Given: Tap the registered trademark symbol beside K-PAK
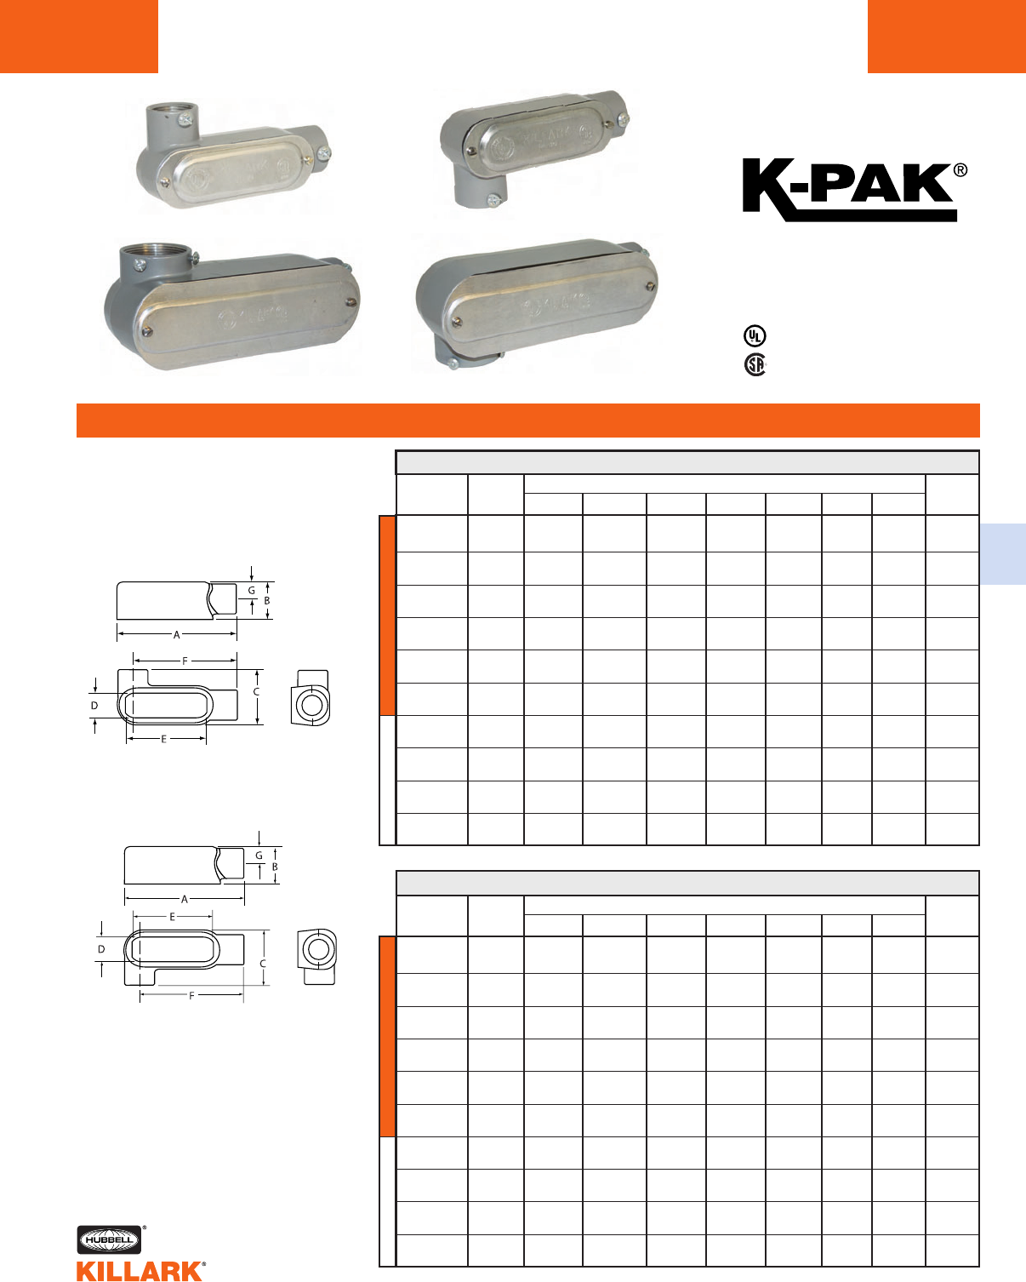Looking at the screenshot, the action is click(x=960, y=170).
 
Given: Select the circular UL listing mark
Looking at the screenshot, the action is click(x=755, y=336).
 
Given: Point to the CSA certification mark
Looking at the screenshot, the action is click(x=755, y=364).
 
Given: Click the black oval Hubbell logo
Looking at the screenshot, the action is click(x=109, y=1239).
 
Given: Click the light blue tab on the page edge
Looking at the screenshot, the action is click(x=1003, y=554).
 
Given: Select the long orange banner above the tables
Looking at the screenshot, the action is click(x=528, y=421).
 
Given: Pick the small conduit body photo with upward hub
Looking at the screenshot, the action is click(x=232, y=155).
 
